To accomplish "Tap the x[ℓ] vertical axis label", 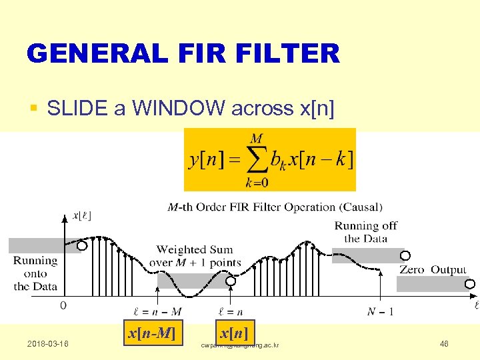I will click(x=81, y=215).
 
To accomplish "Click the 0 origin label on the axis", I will click(x=63, y=305).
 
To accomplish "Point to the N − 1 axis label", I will click(x=381, y=311).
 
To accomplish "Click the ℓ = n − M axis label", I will click(x=157, y=311).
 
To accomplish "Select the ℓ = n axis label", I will click(x=231, y=311).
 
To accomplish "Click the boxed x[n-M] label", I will click(x=152, y=333).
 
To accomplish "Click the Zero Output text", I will click(x=433, y=270).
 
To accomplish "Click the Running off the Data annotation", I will click(x=365, y=232).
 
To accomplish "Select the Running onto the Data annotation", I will click(x=35, y=273).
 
